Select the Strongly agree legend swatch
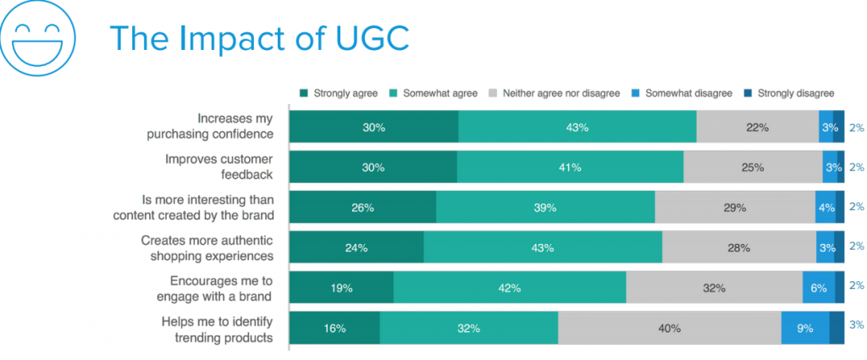point(305,93)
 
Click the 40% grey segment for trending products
point(669,328)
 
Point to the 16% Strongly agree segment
point(334,328)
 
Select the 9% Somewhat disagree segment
point(805,328)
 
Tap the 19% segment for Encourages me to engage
point(341,288)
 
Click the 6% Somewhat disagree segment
point(819,288)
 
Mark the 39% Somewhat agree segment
point(544,207)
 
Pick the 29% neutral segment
point(735,207)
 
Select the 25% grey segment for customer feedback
point(753,167)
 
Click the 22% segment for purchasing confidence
point(757,127)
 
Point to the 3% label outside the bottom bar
point(856,324)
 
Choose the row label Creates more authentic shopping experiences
point(207,247)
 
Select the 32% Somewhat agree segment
point(468,328)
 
